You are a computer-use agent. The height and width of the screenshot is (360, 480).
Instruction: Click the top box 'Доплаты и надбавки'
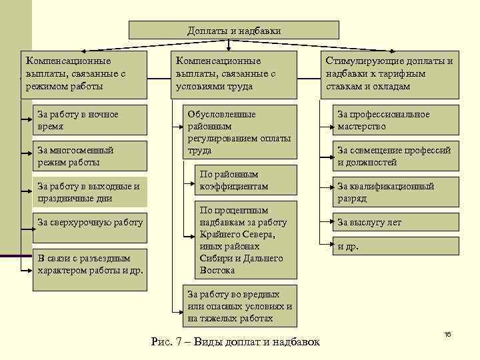click(233, 30)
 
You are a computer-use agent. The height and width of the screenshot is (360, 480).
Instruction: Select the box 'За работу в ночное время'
click(91, 120)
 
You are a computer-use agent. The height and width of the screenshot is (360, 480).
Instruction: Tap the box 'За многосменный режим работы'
click(91, 156)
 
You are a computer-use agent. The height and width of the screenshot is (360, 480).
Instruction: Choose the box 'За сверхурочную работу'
click(91, 222)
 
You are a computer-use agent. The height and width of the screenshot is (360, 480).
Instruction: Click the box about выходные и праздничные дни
click(91, 192)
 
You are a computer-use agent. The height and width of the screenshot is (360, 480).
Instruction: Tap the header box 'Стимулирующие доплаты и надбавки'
click(389, 74)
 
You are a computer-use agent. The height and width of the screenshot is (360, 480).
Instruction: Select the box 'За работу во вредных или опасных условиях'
click(239, 306)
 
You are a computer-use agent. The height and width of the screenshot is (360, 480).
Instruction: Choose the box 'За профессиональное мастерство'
click(396, 120)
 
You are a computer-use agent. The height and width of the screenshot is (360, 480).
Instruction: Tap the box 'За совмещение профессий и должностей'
click(396, 156)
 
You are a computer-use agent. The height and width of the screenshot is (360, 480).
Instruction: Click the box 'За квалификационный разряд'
click(396, 192)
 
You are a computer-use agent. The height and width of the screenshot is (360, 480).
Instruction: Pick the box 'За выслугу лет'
click(396, 222)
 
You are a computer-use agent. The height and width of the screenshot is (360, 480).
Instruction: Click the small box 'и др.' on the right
click(396, 246)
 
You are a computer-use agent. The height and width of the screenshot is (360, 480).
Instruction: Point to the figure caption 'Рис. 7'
click(235, 342)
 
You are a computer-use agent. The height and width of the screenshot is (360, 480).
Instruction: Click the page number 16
click(447, 333)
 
